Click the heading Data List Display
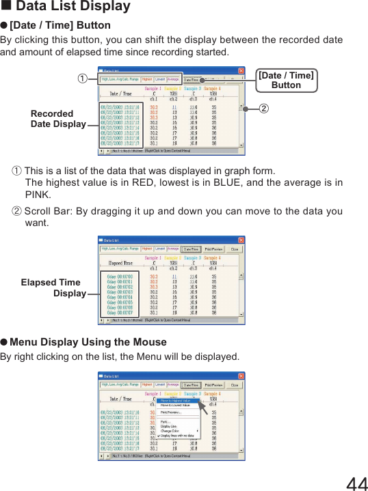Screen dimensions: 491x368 coord(73,7)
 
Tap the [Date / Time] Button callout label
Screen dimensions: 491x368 coord(286,80)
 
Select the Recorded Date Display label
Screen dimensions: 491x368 coord(58,119)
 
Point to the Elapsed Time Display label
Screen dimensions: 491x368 coord(53,287)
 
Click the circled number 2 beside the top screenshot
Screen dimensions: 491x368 coord(263,109)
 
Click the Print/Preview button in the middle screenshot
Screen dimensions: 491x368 coord(213,249)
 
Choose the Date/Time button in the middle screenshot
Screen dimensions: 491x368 coord(191,249)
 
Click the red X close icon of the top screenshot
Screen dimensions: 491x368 coord(241,70)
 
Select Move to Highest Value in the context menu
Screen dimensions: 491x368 coord(176,401)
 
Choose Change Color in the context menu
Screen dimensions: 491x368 coord(172,431)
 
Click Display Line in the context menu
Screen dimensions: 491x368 coord(169,426)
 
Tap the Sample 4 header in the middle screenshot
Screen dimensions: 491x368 coord(213,259)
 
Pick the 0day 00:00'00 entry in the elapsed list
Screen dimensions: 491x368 coord(120,276)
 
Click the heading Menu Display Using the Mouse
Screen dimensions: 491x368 coord(88,341)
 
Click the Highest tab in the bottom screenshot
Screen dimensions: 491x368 coord(147,384)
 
